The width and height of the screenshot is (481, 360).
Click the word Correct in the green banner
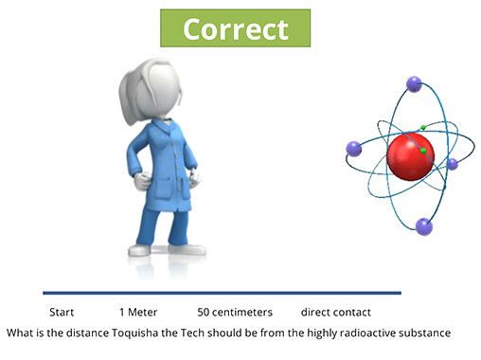click(235, 28)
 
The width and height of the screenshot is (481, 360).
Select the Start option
click(62, 312)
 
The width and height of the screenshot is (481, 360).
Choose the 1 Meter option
click(138, 312)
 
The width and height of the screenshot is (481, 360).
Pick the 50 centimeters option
click(235, 312)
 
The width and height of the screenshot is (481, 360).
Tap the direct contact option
click(336, 312)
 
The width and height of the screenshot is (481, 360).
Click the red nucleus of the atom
click(410, 154)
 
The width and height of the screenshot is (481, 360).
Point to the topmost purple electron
click(414, 83)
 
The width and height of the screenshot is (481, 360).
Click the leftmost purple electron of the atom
click(354, 148)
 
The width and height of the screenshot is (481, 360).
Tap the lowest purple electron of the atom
click(423, 225)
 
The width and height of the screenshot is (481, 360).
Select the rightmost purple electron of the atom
click(452, 164)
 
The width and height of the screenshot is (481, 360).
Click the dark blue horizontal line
click(222, 293)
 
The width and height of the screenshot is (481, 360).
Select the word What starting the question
click(19, 333)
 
